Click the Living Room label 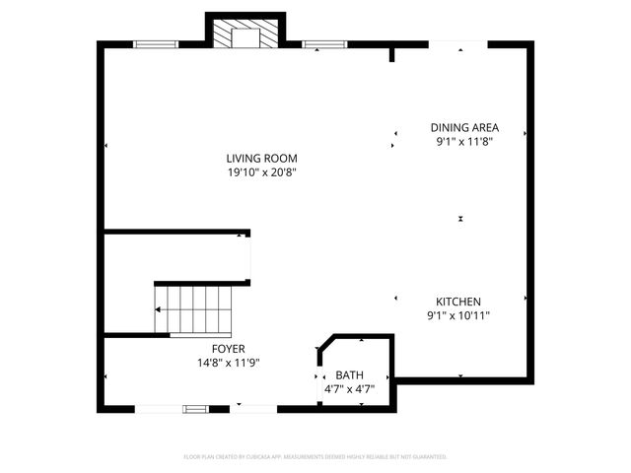261,158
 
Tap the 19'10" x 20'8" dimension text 261,172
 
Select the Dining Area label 464,127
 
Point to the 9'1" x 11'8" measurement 464,142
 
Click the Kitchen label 458,302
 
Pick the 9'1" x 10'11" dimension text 458,316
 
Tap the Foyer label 228,349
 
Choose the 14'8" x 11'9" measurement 228,363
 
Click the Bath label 349,375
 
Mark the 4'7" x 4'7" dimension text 349,389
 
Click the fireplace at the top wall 243,35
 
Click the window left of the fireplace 156,43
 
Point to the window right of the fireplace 324,43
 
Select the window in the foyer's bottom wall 195,408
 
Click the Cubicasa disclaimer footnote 315,457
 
